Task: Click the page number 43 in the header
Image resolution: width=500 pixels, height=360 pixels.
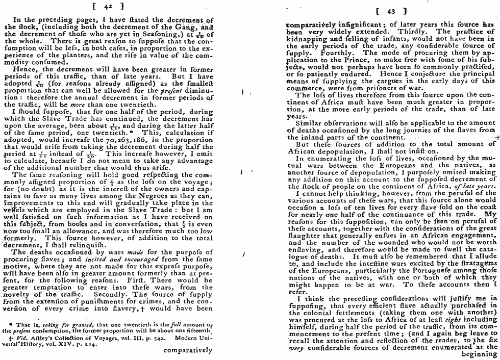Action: pyautogui.click(x=390, y=11)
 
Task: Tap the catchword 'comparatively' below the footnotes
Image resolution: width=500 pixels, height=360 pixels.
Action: pyautogui.click(x=189, y=350)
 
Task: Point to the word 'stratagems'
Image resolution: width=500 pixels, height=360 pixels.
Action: pyautogui.click(x=476, y=264)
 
